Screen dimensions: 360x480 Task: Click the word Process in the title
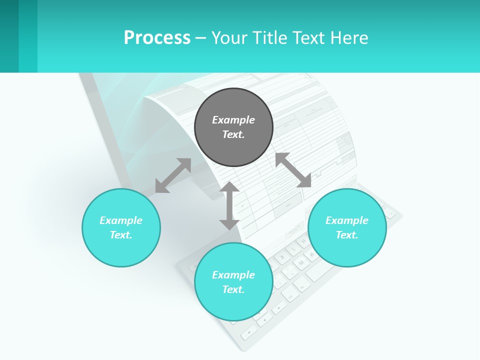(157, 38)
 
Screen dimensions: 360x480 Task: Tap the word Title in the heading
(271, 38)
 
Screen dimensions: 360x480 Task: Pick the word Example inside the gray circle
(233, 120)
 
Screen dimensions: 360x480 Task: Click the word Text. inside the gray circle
(233, 134)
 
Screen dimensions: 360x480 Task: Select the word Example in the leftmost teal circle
(121, 220)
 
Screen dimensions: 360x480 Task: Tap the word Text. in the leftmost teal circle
(121, 235)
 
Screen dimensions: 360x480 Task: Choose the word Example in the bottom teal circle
(233, 275)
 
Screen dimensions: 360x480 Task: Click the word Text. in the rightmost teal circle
(347, 235)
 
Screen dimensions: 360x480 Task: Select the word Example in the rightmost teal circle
(347, 220)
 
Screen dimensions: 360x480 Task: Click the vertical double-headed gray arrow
(229, 205)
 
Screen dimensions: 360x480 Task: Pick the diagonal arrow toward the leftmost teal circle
(173, 175)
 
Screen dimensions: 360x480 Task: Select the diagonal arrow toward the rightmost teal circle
(293, 170)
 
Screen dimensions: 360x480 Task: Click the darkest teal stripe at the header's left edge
(9, 36)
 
